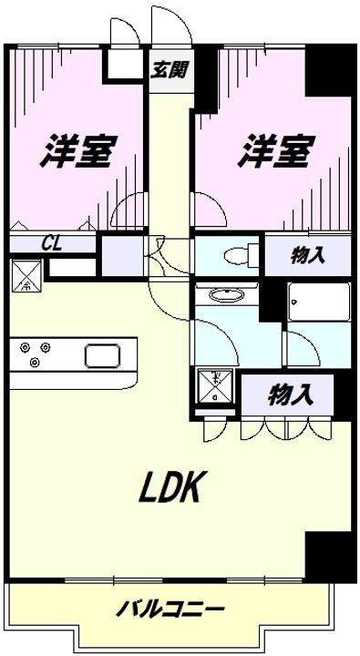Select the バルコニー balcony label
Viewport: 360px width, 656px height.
coord(171,609)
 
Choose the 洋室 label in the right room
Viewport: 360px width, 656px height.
coord(277,151)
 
